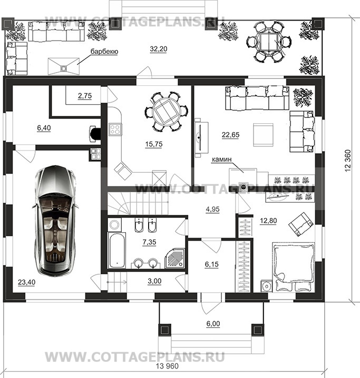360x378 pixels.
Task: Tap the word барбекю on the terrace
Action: click(104, 52)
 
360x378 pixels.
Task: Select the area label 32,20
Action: click(159, 49)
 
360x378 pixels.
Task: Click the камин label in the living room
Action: click(222, 160)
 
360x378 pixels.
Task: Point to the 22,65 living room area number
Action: click(231, 135)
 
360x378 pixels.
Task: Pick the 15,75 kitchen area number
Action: click(154, 144)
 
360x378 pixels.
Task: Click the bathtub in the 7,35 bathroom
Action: click(116, 250)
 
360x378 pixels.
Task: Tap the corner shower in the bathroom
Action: click(175, 258)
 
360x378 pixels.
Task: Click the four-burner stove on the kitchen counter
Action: click(115, 129)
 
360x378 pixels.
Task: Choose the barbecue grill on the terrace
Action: click(63, 66)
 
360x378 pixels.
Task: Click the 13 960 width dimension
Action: click(167, 366)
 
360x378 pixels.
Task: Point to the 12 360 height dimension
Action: click(348, 161)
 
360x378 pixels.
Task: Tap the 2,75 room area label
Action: click(85, 96)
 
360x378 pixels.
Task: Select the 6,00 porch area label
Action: click(213, 324)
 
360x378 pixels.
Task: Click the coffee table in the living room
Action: click(263, 135)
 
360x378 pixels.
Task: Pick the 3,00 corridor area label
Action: click(154, 281)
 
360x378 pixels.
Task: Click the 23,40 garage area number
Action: click(26, 282)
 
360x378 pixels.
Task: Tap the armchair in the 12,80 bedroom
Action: click(301, 224)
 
